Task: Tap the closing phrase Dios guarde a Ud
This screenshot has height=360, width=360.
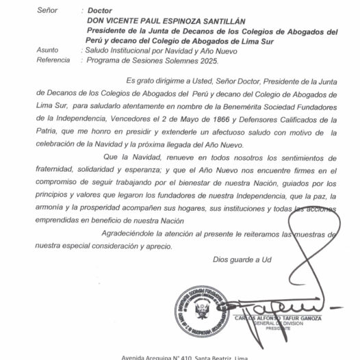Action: coord(242,260)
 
